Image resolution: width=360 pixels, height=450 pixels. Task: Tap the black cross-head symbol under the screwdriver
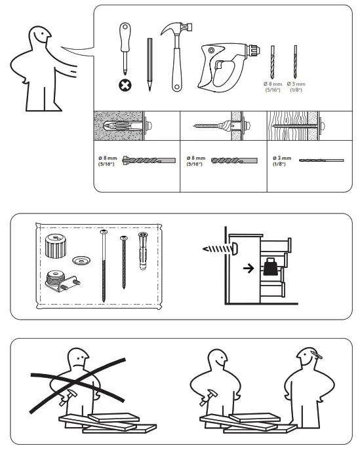point(124,84)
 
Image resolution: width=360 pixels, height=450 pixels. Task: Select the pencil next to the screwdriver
point(150,64)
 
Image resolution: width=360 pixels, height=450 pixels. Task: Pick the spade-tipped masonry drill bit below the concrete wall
point(150,159)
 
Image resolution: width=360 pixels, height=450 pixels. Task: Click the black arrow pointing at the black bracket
point(247,269)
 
